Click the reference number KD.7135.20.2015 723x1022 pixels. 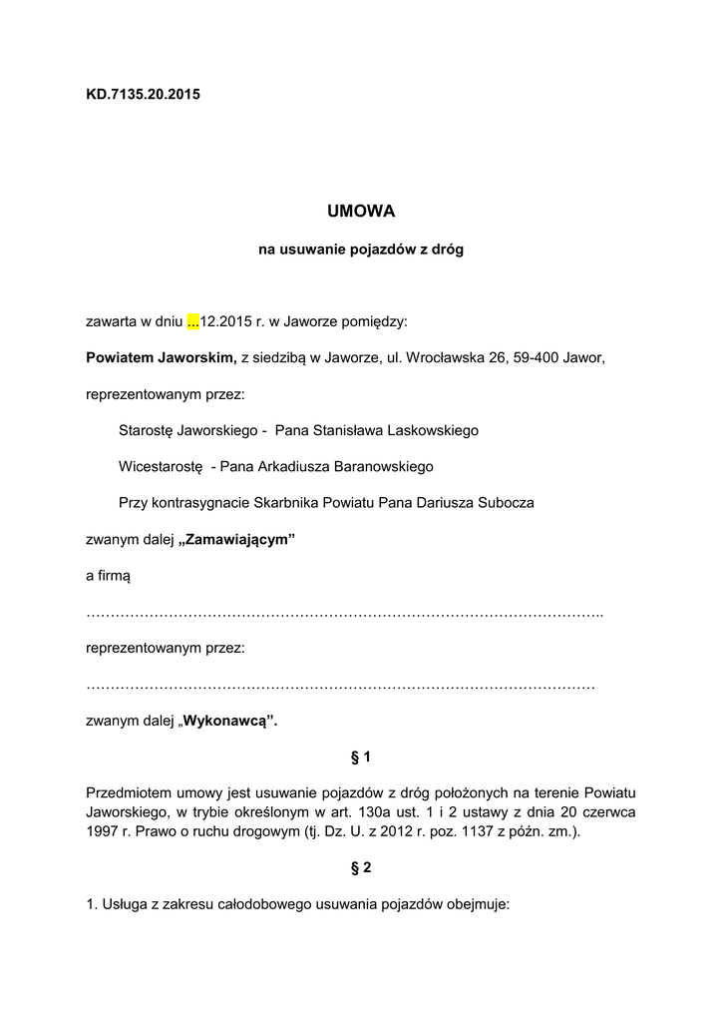click(x=144, y=95)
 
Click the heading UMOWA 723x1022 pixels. click(x=361, y=212)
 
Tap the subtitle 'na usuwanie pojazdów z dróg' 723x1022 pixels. click(x=361, y=251)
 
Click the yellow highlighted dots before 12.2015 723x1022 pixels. click(x=193, y=322)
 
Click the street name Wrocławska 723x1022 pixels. click(x=462, y=358)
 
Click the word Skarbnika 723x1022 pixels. click(x=285, y=503)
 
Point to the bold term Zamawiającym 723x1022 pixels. click(x=239, y=540)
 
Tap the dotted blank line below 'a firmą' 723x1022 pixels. click(x=345, y=613)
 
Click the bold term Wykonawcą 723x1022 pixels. click(x=230, y=721)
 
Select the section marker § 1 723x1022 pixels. click(x=361, y=757)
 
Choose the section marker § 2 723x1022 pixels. click(x=361, y=869)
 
